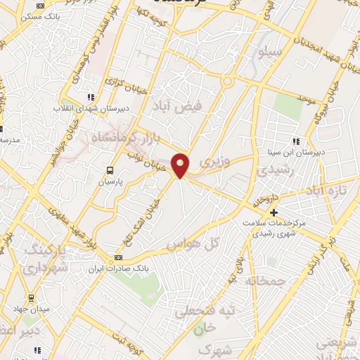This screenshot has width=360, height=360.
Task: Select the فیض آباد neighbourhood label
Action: pyautogui.click(x=176, y=107)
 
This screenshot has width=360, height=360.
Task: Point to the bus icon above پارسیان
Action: pyautogui.click(x=109, y=170)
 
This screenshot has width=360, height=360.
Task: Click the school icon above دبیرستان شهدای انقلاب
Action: pyautogui.click(x=90, y=98)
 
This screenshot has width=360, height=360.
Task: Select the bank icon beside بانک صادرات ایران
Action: pyautogui.click(x=117, y=257)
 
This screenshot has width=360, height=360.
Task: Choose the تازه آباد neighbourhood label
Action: pyautogui.click(x=326, y=191)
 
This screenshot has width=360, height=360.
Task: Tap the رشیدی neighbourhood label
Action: pyautogui.click(x=271, y=171)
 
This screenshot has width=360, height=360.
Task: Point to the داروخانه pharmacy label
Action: pyautogui.click(x=266, y=200)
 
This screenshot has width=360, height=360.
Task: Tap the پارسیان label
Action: pyautogui.click(x=110, y=182)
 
